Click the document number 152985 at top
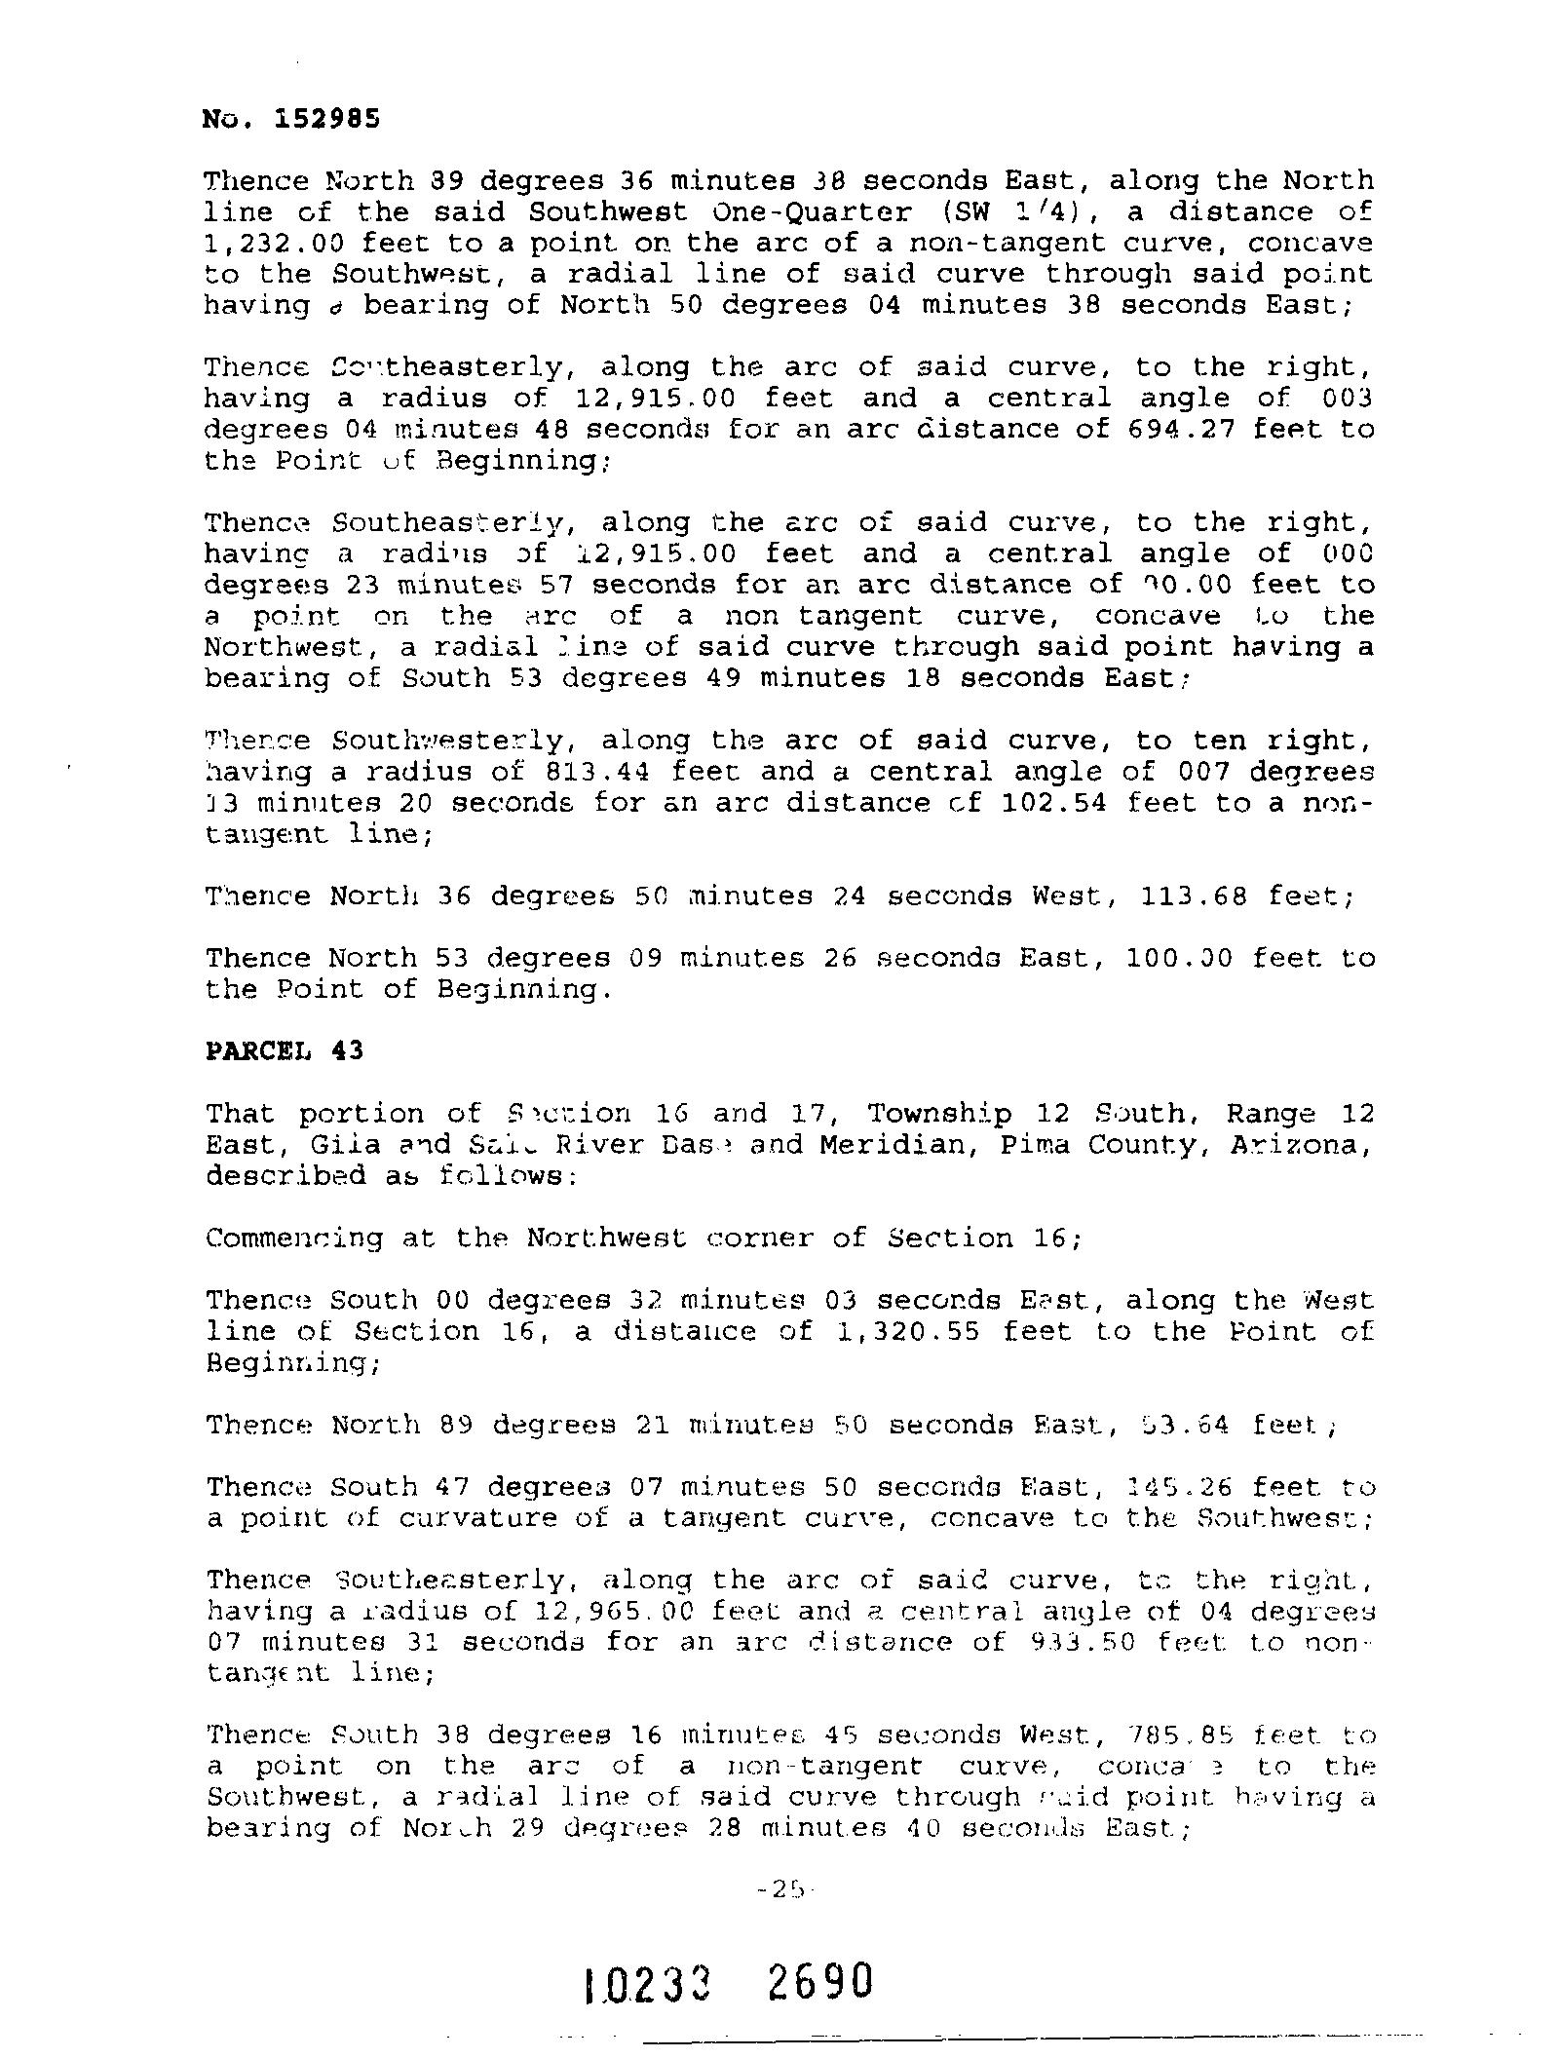pos(326,119)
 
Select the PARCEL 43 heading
pos(284,1050)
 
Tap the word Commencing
pos(294,1239)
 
